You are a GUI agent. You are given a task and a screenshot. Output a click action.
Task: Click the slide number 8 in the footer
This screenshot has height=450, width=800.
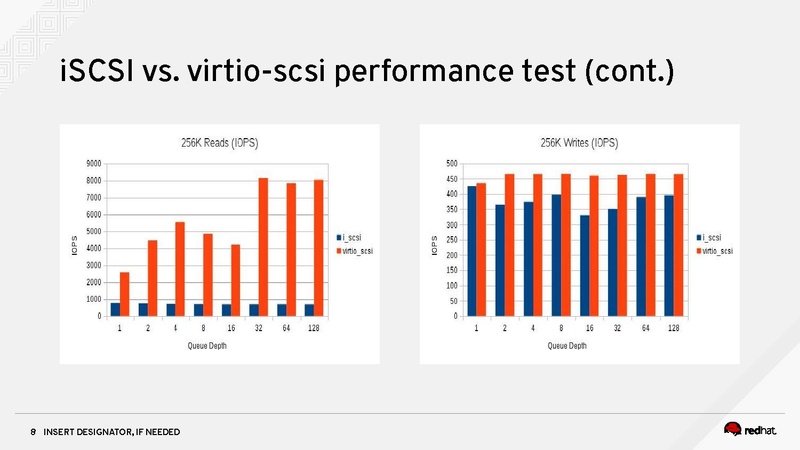(33, 431)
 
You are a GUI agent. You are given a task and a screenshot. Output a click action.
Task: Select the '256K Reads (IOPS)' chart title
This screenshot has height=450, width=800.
(219, 143)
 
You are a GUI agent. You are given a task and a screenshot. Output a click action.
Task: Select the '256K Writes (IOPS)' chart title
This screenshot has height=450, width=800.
(578, 143)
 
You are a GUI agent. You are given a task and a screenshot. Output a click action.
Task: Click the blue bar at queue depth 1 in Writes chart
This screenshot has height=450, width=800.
(471, 251)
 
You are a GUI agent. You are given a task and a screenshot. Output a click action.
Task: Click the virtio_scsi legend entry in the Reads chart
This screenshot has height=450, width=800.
(358, 252)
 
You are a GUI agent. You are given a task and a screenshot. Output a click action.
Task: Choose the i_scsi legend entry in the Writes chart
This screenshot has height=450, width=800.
(712, 237)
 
